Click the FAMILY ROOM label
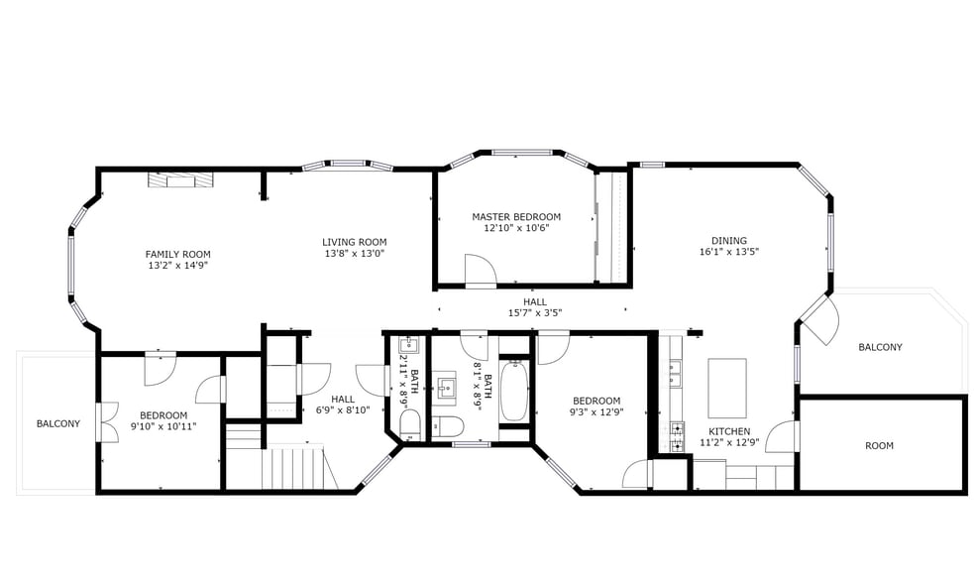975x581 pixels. point(177,254)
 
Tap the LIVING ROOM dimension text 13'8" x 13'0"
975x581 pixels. point(354,253)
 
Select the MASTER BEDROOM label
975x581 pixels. point(515,216)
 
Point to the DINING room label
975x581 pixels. point(728,240)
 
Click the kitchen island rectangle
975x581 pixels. point(726,388)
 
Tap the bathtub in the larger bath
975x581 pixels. point(513,392)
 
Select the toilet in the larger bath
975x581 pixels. point(450,426)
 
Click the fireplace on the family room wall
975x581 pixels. point(179,178)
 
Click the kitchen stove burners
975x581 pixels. point(678,435)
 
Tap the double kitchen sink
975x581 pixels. point(678,374)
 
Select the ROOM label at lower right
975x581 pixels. point(879,446)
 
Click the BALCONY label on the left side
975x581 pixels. point(57,423)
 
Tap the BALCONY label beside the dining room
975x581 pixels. point(880,347)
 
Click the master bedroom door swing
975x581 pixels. point(481,271)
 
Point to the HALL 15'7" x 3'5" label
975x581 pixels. point(534,307)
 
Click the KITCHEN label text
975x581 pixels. point(728,431)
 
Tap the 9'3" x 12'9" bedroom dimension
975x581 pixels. point(596,412)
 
